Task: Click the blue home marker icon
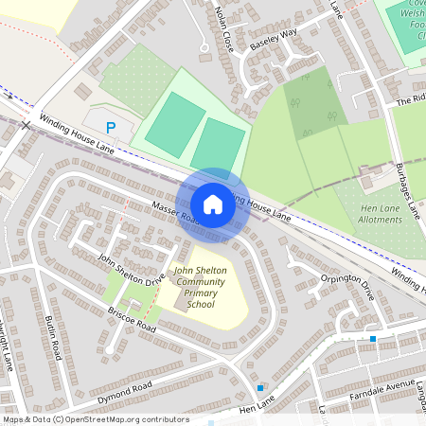[213, 204]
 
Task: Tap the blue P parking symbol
[111, 128]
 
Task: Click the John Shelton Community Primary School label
[200, 288]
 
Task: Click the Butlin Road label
[55, 338]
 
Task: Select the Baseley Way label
[273, 39]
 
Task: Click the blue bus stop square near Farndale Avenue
[373, 338]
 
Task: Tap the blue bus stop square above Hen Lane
[260, 387]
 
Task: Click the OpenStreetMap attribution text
[95, 419]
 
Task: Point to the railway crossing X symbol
[27, 124]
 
